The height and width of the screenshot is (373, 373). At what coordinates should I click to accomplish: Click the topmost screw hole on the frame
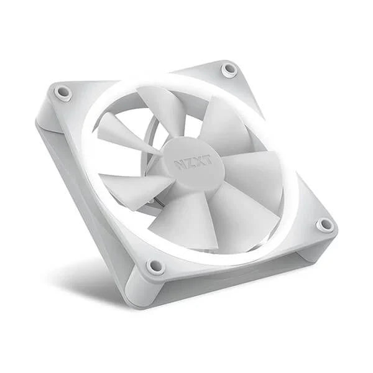(229, 68)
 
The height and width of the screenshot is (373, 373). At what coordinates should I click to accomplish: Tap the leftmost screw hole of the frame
(62, 93)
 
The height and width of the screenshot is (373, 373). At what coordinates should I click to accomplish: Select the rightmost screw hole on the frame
(324, 224)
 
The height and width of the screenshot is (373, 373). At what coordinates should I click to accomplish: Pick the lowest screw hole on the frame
(154, 266)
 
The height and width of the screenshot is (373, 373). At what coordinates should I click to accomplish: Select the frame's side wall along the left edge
(75, 186)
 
